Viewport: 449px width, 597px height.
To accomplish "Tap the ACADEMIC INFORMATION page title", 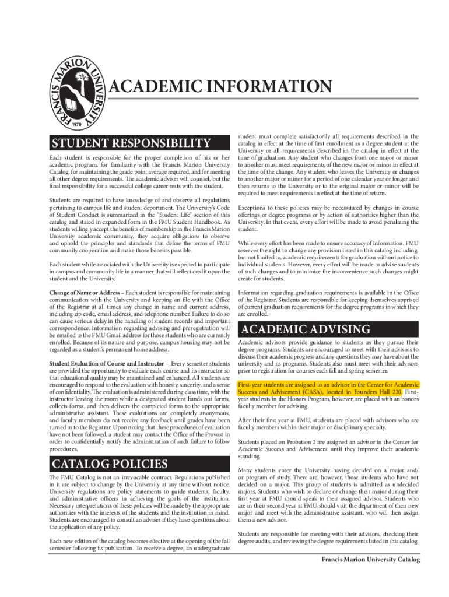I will pyautogui.click(x=221, y=87).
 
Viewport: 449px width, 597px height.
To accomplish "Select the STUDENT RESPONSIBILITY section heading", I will pyautogui.click(x=131, y=143).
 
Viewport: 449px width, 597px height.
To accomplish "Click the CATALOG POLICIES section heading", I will pyautogui.click(x=110, y=464).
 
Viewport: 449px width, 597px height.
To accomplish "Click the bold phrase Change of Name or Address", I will pyautogui.click(x=86, y=292).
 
